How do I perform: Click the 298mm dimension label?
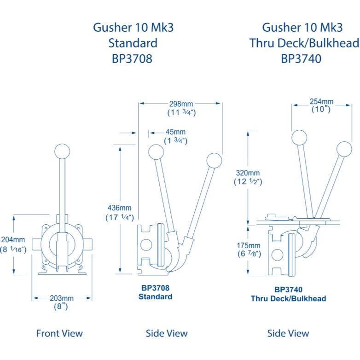click(x=181, y=104)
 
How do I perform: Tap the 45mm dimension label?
click(x=175, y=132)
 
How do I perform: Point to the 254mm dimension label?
click(x=321, y=101)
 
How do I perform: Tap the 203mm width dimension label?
click(x=61, y=298)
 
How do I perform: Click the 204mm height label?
click(x=14, y=240)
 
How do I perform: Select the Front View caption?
click(x=59, y=333)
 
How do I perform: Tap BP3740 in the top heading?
click(x=304, y=58)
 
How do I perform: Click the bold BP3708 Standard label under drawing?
click(x=155, y=292)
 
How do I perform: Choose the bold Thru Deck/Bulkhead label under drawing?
click(x=288, y=299)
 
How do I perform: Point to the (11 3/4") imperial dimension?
click(x=181, y=112)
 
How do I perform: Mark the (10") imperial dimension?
click(x=321, y=110)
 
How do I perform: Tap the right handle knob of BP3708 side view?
click(x=214, y=160)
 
